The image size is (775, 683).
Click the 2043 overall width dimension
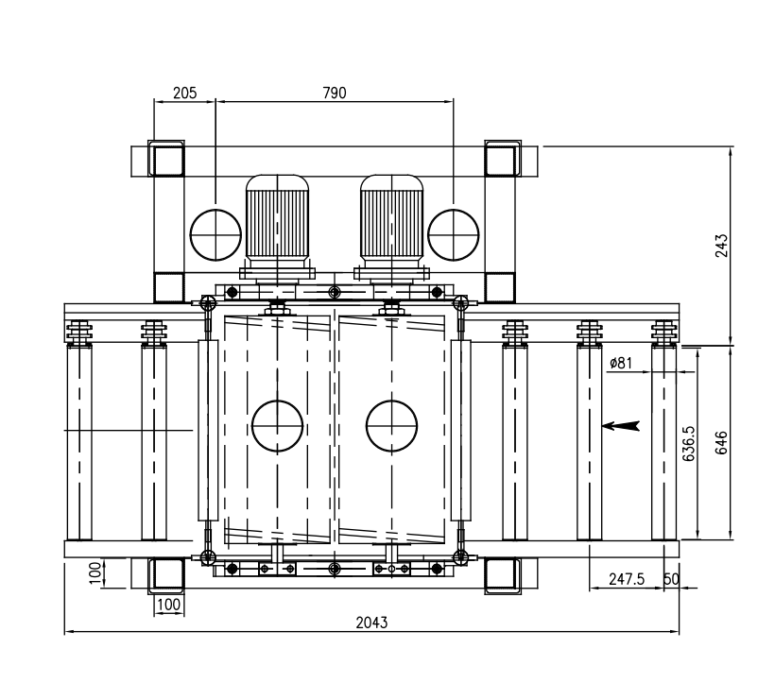371,623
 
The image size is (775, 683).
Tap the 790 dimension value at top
335,93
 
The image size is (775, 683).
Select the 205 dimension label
185,93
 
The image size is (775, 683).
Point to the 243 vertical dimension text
722,246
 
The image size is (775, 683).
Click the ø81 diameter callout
621,363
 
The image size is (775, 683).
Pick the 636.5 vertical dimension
688,444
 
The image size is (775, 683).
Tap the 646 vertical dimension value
722,443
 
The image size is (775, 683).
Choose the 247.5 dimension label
627,579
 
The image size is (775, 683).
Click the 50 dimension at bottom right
671,579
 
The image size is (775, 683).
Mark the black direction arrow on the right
621,426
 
